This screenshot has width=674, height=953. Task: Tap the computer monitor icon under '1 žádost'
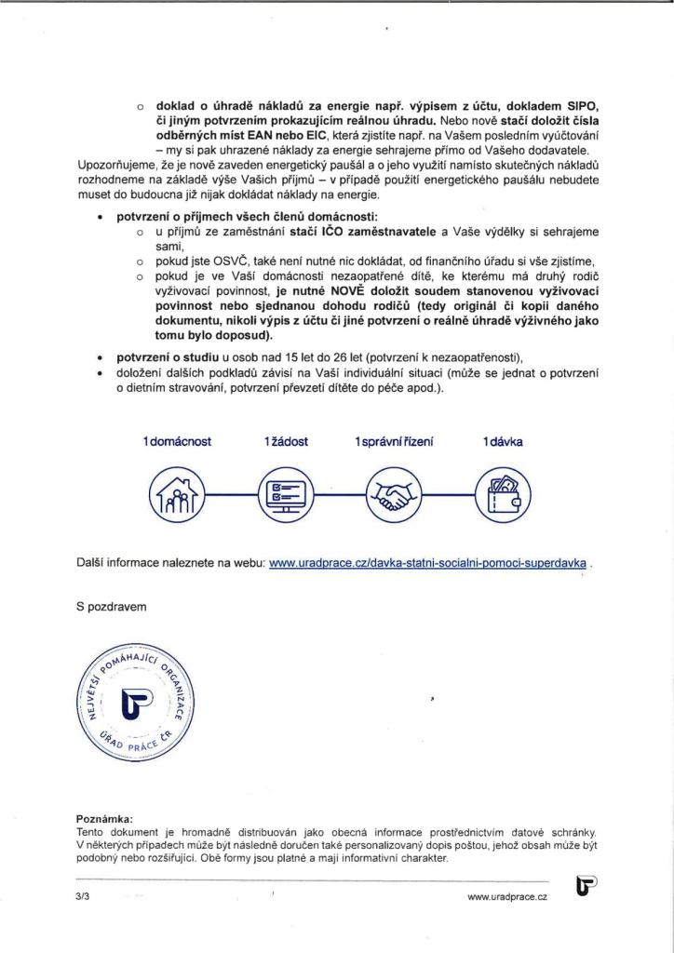tap(285, 495)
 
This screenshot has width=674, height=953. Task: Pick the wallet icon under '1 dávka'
tap(503, 495)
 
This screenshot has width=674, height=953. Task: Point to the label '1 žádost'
tap(286, 441)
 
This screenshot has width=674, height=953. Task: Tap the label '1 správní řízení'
tap(395, 441)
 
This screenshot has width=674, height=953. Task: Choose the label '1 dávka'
tap(503, 441)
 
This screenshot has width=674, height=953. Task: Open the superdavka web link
tap(428, 564)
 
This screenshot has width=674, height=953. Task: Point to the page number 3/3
tap(84, 895)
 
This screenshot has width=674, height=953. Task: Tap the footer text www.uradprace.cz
tap(507, 895)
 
